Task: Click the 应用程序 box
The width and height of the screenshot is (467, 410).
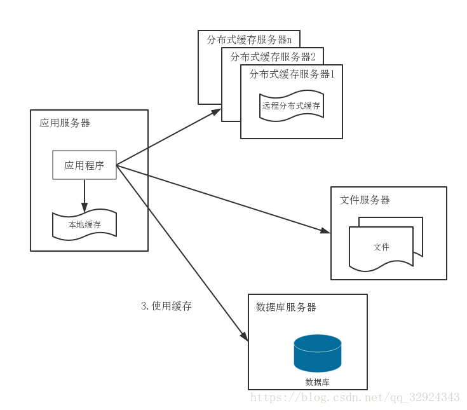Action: (x=84, y=165)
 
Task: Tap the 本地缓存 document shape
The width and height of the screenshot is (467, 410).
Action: (x=85, y=225)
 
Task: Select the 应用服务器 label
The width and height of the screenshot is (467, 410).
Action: (x=65, y=123)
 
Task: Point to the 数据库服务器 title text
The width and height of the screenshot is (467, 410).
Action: (x=286, y=307)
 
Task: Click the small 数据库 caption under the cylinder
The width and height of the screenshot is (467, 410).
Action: (x=317, y=382)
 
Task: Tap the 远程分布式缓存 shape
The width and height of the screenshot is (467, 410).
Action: (x=291, y=106)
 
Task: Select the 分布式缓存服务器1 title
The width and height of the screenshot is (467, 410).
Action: (x=292, y=74)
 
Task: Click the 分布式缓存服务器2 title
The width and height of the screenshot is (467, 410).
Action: (x=273, y=57)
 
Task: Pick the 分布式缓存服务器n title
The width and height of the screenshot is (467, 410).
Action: (x=249, y=39)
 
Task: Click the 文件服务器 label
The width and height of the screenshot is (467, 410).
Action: (x=365, y=200)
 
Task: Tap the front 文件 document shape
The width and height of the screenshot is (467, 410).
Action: (x=381, y=247)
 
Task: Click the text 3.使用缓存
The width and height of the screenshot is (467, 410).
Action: (x=166, y=306)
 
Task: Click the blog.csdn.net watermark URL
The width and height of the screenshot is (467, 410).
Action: (x=355, y=397)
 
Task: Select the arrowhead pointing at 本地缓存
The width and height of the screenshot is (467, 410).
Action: (x=85, y=208)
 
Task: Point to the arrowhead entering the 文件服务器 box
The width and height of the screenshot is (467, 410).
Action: (x=325, y=231)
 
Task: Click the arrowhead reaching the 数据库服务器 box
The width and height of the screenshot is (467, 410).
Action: (x=243, y=339)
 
